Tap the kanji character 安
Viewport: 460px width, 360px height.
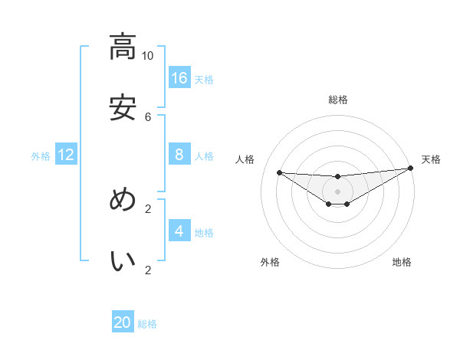123,107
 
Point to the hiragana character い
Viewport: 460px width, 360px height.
123,260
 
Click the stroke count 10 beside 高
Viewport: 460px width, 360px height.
148,55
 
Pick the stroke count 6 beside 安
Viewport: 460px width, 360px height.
148,116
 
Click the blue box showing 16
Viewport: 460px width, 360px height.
179,77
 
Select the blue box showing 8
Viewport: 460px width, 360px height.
179,154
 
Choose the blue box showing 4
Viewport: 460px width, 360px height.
179,231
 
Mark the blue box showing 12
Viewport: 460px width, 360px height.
66,155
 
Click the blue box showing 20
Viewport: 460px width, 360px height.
123,322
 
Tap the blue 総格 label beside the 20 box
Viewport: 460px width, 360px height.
147,324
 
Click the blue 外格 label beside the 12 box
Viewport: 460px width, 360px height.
41,156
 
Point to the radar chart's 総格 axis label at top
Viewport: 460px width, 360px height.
338,100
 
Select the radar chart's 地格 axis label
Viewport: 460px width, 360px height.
402,262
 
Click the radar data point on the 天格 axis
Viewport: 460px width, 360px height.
410,169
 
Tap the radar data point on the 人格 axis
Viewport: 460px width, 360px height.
279,172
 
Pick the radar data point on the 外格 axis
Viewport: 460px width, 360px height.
329,204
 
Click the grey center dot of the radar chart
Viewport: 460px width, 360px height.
338,191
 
